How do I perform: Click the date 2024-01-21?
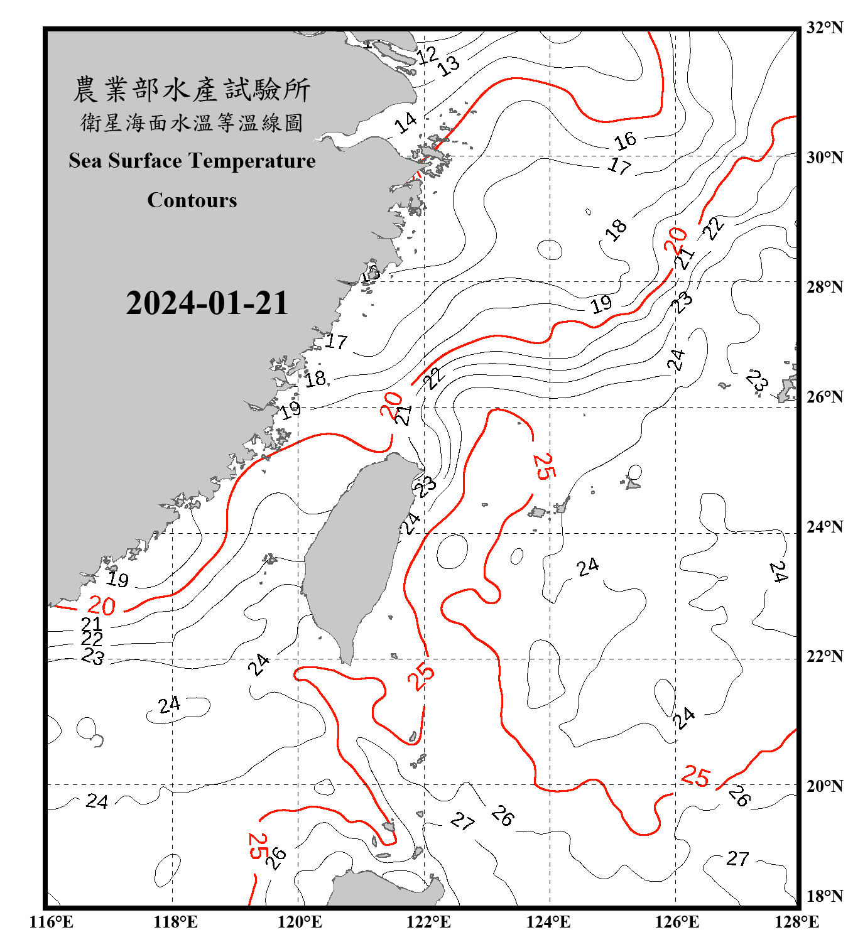click(207, 303)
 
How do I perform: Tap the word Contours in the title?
click(192, 200)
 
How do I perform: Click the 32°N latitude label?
click(824, 28)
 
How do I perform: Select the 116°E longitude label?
click(51, 922)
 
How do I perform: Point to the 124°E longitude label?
click(548, 922)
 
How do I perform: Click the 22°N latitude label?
click(824, 656)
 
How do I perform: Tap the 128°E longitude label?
click(796, 922)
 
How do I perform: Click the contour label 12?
click(427, 55)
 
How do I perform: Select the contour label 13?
click(448, 65)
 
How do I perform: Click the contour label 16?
click(625, 141)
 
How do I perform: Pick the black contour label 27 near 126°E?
click(737, 858)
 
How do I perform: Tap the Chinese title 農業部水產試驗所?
click(192, 90)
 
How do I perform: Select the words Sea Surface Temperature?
click(192, 161)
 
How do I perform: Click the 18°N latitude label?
click(824, 896)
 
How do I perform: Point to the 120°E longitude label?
click(300, 922)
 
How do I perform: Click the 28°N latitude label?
click(824, 287)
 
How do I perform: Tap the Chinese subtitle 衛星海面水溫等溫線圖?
click(192, 123)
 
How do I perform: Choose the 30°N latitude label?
click(824, 158)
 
